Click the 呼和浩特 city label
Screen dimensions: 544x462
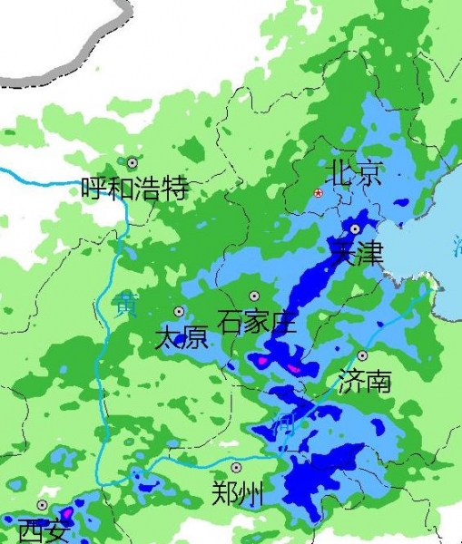[x=134, y=189]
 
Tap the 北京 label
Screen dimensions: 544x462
[x=356, y=172]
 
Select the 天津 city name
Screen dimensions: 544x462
[x=357, y=252]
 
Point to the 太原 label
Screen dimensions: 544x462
[x=182, y=338]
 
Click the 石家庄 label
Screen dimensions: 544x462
[x=257, y=320]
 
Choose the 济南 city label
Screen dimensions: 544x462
[x=364, y=381]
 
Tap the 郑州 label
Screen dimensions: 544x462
[x=238, y=494]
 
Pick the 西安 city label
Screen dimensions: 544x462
[x=43, y=529]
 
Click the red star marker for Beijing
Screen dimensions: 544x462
[x=318, y=194]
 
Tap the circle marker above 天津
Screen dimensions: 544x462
[x=356, y=228]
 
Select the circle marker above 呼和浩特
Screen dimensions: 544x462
[x=133, y=162]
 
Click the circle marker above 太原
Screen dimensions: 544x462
[x=179, y=311]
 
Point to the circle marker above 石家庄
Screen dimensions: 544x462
[x=255, y=296]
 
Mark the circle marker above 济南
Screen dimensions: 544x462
[x=362, y=356]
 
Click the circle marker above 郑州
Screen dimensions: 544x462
[x=236, y=468]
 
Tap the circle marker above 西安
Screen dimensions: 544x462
[x=42, y=505]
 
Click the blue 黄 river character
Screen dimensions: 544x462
[x=123, y=305]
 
